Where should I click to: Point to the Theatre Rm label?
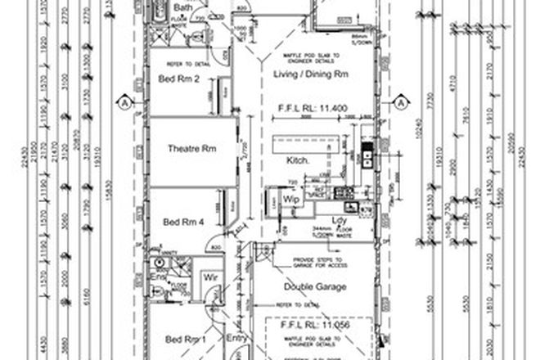pyautogui.click(x=191, y=149)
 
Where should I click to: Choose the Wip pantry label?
pyautogui.click(x=290, y=199)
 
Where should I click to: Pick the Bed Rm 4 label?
pyautogui.click(x=182, y=222)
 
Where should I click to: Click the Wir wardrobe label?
pyautogui.click(x=210, y=276)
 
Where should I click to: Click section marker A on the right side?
pyautogui.click(x=402, y=102)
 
